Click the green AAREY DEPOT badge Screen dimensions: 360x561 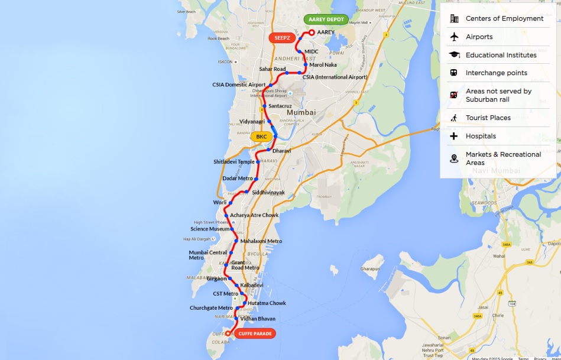point(326,20)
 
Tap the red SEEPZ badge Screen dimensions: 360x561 point(283,38)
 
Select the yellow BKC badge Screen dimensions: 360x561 point(262,137)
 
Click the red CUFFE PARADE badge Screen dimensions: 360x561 point(255,333)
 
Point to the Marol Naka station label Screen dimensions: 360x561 point(323,65)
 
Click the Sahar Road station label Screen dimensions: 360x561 point(273,69)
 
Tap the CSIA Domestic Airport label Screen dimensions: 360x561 point(239,85)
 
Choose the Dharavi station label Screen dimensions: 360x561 point(282,151)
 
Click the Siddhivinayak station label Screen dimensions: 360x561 point(268,193)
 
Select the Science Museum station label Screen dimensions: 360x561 point(209,229)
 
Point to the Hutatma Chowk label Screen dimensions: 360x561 point(267,303)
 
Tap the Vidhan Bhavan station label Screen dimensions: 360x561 point(258,319)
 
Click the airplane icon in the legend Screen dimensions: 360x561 point(454,37)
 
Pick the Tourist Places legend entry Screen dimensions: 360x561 point(488,118)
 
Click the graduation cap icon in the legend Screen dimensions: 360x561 point(454,55)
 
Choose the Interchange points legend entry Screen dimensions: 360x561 point(496,73)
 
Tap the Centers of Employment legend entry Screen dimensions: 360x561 point(504,18)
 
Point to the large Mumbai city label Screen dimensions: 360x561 point(301,112)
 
